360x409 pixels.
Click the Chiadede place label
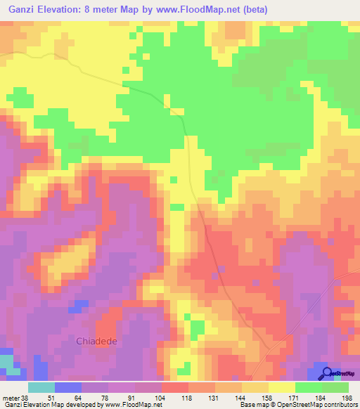point(96,342)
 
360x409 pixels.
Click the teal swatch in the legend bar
point(41,387)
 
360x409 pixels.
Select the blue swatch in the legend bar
point(67,387)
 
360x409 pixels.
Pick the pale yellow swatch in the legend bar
point(282,387)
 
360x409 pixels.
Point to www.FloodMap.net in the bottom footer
point(131,405)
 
